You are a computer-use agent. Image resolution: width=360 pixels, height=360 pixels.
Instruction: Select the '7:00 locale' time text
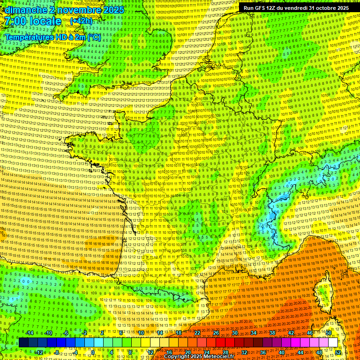pos(32,21)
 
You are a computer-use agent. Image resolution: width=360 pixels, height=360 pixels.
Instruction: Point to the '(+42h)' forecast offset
pos(82,21)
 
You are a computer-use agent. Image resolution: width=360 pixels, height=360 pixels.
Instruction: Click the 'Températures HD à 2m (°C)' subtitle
pos(52,37)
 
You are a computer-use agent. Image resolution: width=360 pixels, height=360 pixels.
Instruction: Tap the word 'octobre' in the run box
pos(326,8)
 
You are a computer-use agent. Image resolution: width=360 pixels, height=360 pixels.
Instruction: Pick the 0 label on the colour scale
pos(93,352)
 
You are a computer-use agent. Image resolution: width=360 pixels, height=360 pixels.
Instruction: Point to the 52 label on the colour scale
pos(338,352)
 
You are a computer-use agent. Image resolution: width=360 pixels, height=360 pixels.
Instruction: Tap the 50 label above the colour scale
pos(329,333)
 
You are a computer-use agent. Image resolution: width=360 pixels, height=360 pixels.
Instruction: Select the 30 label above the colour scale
pos(234,333)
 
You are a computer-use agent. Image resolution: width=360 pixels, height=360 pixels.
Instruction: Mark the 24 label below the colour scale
pos(206,352)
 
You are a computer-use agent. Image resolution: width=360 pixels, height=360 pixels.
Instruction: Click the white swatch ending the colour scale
pos(333,343)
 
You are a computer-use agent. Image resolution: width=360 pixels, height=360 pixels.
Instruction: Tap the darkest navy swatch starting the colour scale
pos(23,343)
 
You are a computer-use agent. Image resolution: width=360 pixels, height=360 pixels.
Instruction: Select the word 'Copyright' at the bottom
pos(176,357)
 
